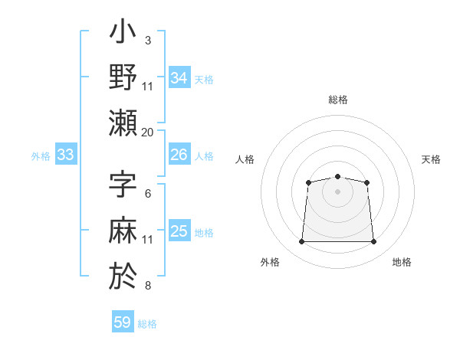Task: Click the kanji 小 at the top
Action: point(123,34)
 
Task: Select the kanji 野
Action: point(123,77)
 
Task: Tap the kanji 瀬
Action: point(123,123)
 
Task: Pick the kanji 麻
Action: point(123,230)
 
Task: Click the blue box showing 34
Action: point(179,78)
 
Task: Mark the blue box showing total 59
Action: point(123,322)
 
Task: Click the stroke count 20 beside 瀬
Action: point(148,132)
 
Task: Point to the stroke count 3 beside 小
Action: point(148,40)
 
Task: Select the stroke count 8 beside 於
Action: point(148,286)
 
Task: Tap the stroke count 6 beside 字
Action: point(148,194)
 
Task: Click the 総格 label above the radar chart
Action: point(337,100)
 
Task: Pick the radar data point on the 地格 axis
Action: point(374,242)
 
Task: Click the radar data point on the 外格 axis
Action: point(301,242)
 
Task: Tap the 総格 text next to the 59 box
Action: point(147,324)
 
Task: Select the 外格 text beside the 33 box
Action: point(41,156)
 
